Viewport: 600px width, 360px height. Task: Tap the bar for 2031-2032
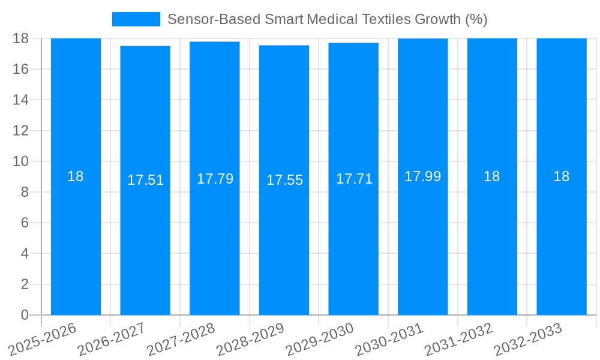(492, 240)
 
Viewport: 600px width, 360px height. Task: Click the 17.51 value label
(145, 180)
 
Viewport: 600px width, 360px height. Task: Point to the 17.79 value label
(215, 179)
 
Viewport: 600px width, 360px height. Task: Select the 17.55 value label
(284, 180)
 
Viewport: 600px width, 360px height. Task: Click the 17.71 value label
(354, 179)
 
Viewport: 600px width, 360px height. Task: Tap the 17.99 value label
(422, 176)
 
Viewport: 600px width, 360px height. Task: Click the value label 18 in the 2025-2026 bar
(76, 176)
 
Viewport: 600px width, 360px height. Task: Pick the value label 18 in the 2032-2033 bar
(561, 176)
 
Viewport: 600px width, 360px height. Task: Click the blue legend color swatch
(136, 19)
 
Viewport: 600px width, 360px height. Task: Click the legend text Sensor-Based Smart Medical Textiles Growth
(327, 19)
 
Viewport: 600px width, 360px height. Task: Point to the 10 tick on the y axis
(20, 161)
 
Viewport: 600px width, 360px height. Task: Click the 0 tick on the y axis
(25, 315)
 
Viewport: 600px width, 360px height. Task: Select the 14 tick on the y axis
(20, 100)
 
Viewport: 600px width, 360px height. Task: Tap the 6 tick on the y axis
(25, 223)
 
